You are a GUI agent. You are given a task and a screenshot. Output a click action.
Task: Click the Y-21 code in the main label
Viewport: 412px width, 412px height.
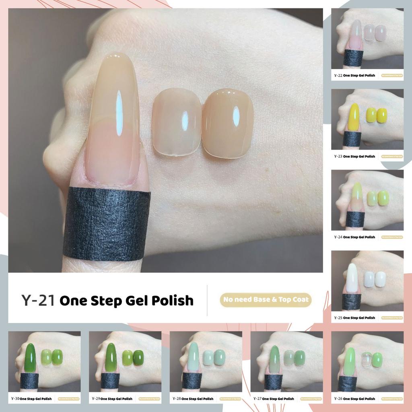point(38,300)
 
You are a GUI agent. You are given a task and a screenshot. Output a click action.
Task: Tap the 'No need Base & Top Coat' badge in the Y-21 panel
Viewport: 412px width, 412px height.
point(266,300)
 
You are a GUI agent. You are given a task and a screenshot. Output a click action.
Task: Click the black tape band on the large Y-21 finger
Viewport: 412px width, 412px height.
point(107,223)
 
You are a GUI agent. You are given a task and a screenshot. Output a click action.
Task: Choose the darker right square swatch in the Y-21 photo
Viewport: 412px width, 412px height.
point(228,123)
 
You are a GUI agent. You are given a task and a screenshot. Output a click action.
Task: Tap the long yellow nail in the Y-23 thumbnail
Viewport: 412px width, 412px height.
point(354,117)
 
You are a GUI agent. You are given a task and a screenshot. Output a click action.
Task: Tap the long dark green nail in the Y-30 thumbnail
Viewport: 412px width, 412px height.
point(30,358)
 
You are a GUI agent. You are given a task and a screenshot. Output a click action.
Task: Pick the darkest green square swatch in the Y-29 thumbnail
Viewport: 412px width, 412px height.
point(138,358)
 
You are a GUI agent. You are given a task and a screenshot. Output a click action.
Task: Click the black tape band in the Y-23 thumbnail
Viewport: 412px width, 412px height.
point(352,139)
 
